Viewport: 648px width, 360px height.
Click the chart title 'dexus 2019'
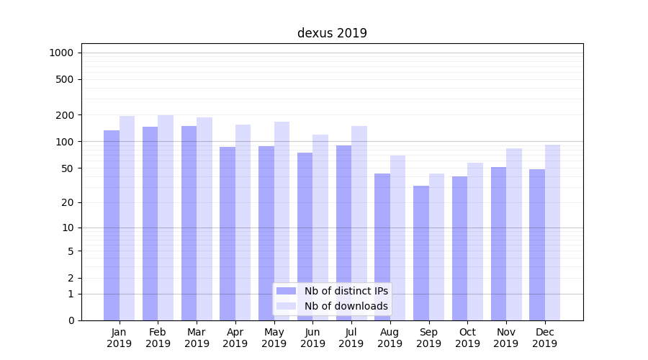click(x=332, y=33)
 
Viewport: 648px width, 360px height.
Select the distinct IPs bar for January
click(x=112, y=225)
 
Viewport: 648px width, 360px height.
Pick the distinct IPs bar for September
click(x=421, y=253)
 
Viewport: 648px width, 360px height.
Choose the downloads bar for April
click(x=243, y=222)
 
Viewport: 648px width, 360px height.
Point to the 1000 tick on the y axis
click(x=61, y=53)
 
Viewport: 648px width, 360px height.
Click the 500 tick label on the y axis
click(x=65, y=79)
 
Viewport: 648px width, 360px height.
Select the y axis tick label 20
click(x=68, y=202)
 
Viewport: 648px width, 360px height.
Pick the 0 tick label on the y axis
click(x=71, y=320)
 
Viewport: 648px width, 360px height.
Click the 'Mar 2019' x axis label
click(x=197, y=338)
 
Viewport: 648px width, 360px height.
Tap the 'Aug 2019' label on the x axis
click(x=390, y=338)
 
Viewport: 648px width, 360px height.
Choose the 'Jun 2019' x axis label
click(x=312, y=338)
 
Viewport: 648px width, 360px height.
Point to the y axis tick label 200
click(x=65, y=115)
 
